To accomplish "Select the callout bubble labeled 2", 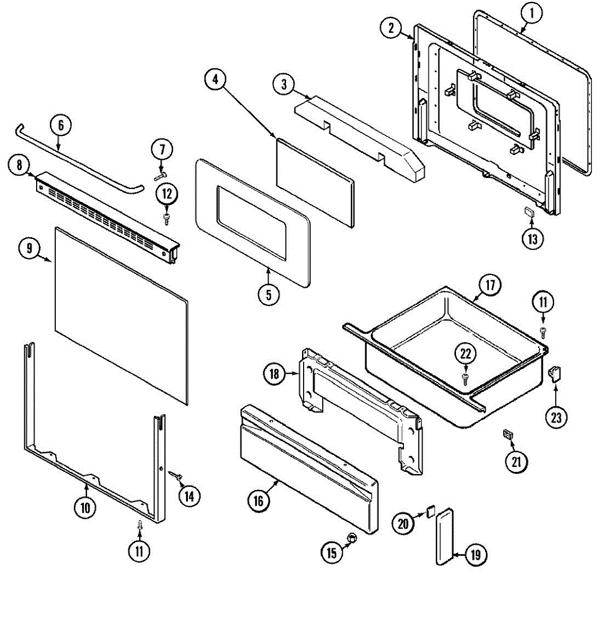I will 391,29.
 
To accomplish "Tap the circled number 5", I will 269,294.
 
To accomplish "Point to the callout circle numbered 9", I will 30,247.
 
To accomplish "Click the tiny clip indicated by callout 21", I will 509,435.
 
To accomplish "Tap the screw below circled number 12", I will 167,217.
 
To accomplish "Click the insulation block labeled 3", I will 361,133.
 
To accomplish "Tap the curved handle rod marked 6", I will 80,154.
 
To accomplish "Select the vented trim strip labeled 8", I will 106,215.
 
